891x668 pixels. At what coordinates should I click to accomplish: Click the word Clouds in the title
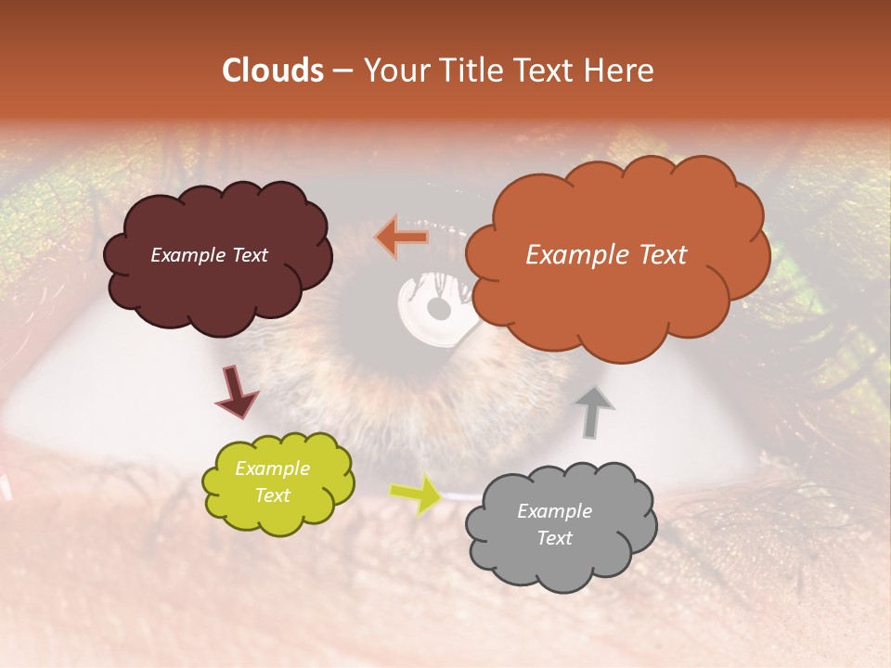tap(273, 71)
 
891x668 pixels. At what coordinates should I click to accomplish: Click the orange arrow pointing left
tap(402, 238)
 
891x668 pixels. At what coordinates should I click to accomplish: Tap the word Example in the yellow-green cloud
tap(273, 469)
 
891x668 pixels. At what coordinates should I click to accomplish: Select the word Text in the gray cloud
tap(555, 538)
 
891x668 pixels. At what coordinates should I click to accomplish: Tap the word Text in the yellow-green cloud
tap(273, 495)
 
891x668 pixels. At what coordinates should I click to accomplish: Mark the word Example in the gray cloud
tap(555, 511)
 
